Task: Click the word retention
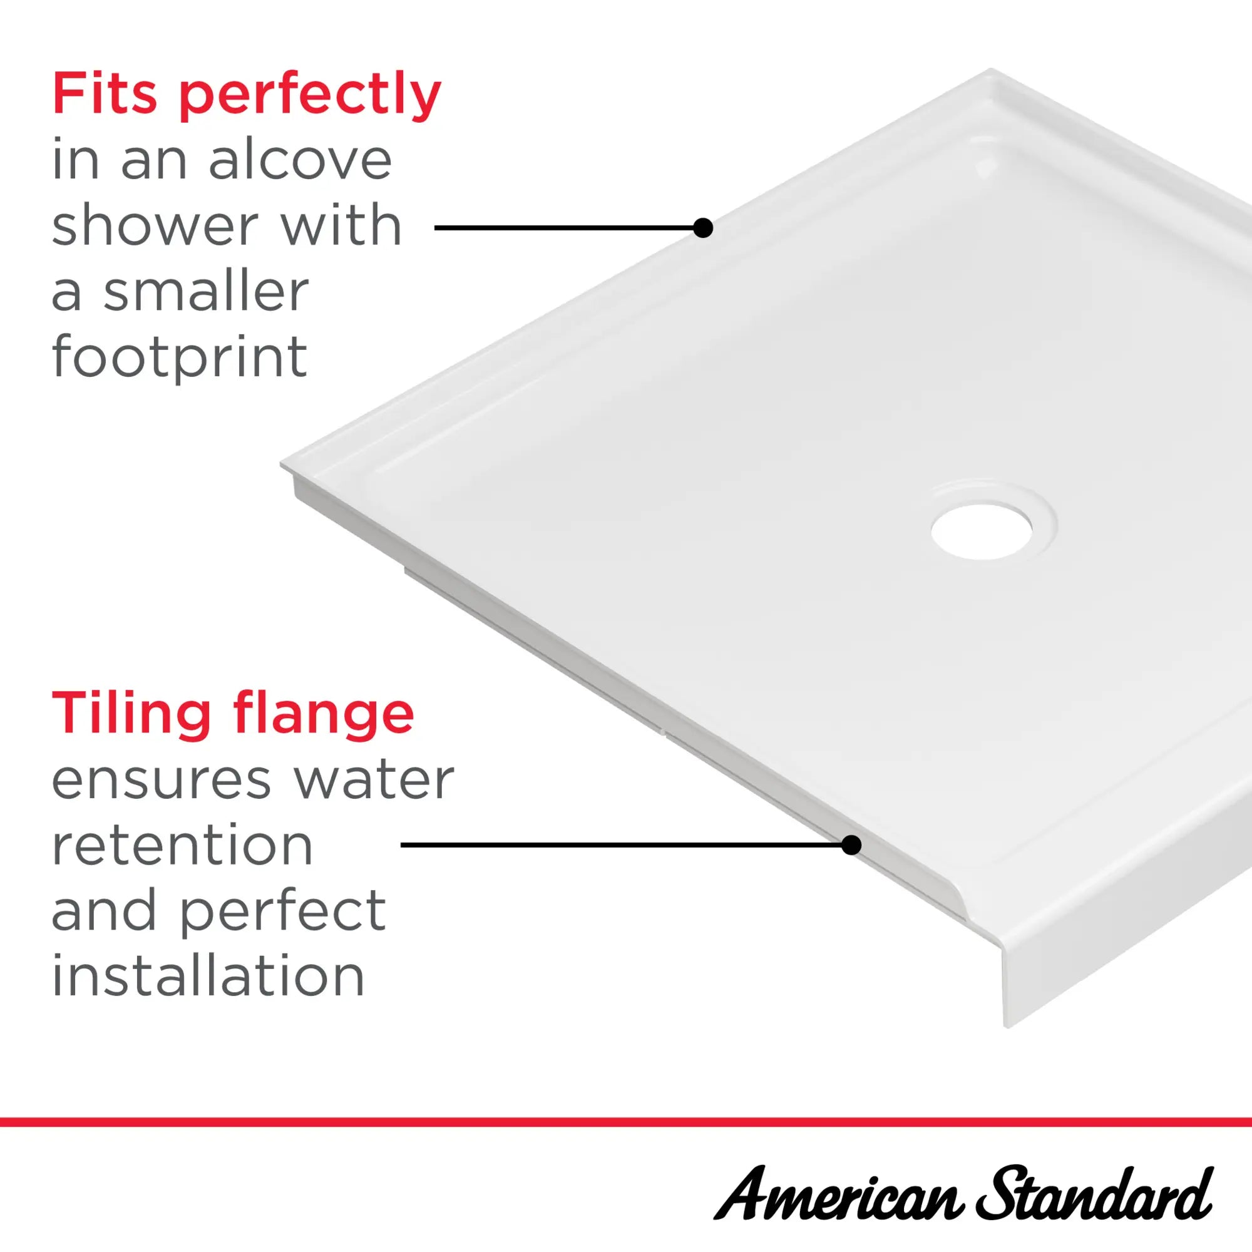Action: pos(182,846)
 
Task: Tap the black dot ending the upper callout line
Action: pos(703,227)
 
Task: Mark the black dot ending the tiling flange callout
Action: pos(851,845)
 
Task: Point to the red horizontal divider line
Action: pos(626,1122)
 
